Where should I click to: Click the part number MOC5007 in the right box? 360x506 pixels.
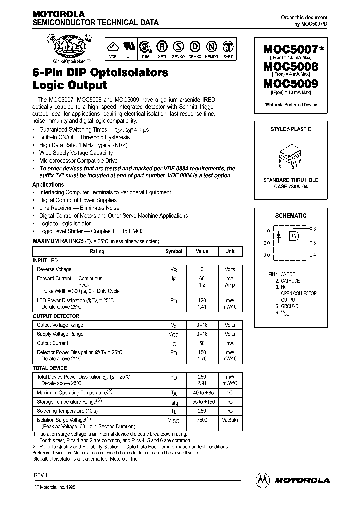[x=288, y=50]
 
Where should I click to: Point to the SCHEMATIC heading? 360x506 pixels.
[x=290, y=216]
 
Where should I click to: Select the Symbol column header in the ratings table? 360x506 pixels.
[x=173, y=251]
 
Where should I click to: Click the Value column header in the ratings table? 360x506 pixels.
[x=202, y=251]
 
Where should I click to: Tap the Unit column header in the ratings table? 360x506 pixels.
[x=230, y=251]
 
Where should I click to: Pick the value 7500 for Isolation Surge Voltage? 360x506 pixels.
[x=202, y=420]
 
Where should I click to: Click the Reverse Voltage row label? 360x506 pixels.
[x=54, y=269]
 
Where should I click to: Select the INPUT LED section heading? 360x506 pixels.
[x=45, y=260]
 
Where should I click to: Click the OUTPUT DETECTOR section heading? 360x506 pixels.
[x=56, y=316]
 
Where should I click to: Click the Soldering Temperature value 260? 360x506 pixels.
[x=202, y=410]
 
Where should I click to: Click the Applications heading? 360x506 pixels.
[x=48, y=184]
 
